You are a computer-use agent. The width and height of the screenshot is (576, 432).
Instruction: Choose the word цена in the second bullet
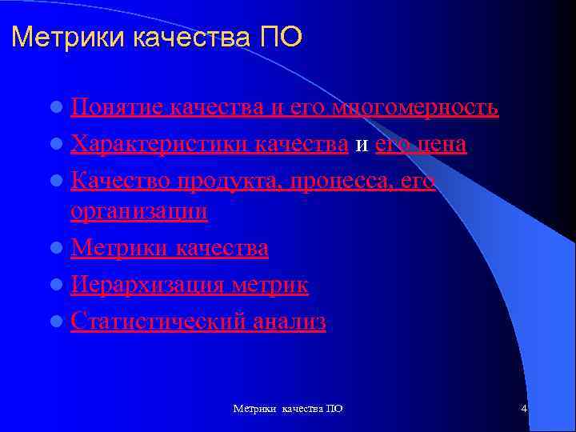coord(442,145)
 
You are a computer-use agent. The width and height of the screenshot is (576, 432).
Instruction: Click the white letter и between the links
coord(361,146)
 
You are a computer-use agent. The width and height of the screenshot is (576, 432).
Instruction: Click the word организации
coord(138,211)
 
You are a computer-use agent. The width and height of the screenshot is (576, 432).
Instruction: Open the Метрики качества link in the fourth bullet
coord(170,248)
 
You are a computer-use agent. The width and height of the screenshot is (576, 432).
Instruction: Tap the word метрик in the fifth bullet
coord(270,285)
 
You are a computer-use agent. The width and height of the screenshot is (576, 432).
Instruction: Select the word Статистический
coord(159,322)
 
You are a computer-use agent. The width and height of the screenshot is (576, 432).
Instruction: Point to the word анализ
coord(290,322)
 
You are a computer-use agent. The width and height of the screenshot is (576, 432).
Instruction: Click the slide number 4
coord(523,409)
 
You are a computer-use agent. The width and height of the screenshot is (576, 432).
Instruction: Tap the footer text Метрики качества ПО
coord(288,409)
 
